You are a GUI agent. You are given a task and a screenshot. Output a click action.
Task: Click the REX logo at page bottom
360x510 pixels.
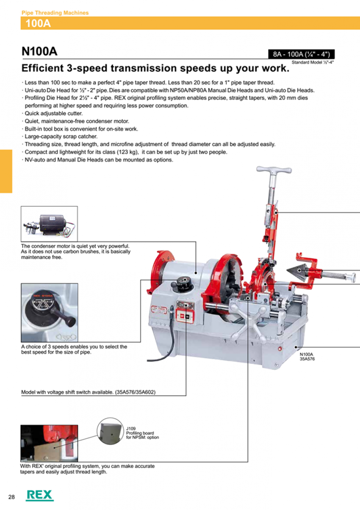(39, 495)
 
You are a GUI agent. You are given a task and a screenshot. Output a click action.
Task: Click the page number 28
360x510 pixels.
(11, 496)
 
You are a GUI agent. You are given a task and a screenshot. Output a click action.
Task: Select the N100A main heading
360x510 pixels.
(39, 51)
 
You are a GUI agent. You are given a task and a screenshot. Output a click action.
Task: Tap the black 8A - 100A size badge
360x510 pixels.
(302, 54)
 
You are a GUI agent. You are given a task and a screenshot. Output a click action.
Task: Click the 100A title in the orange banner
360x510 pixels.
(38, 23)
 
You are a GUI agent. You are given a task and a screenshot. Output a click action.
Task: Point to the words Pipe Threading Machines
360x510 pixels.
(55, 13)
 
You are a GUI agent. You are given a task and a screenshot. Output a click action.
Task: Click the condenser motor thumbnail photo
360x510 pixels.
(49, 224)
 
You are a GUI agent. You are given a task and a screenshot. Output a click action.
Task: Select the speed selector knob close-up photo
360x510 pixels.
(49, 313)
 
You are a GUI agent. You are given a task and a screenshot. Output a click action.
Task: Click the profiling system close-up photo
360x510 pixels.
(49, 443)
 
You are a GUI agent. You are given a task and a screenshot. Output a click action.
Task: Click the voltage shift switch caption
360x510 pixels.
(89, 392)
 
